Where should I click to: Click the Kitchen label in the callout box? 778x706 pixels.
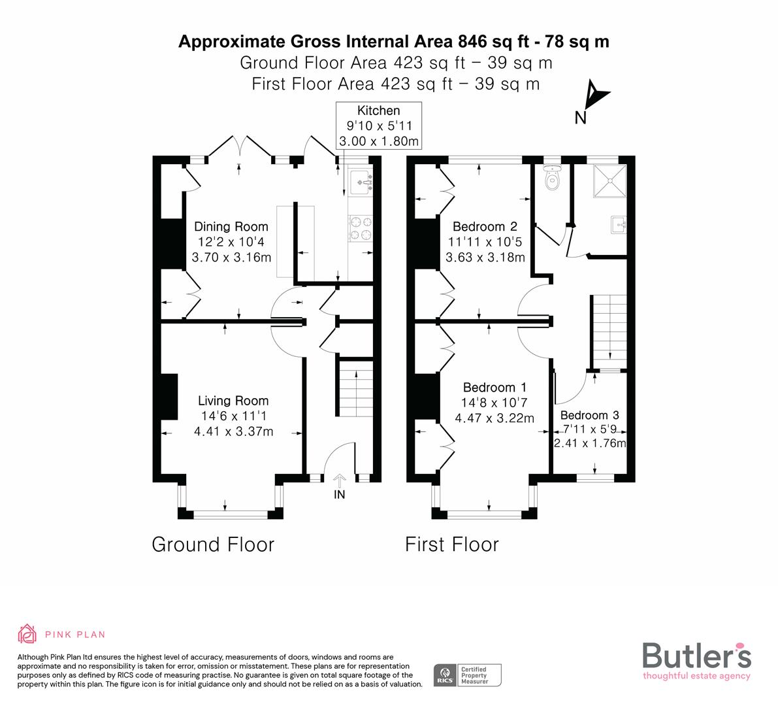[x=378, y=110]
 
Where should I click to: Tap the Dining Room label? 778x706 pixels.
[x=231, y=227]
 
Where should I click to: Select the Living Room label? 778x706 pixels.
[x=233, y=401]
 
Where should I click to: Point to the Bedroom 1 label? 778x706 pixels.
[x=494, y=387]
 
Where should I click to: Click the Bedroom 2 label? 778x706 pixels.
[x=485, y=227]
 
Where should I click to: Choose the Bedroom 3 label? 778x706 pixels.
[x=589, y=415]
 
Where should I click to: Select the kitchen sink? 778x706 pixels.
[x=360, y=183]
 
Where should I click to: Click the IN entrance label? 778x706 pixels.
[x=339, y=495]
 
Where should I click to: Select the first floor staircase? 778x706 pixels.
[x=609, y=330]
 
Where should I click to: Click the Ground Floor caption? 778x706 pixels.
[x=213, y=544]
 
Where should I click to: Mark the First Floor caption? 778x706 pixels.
[x=451, y=544]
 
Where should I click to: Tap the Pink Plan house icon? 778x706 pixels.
[x=27, y=633]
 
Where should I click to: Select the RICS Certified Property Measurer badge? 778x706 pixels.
[x=468, y=675]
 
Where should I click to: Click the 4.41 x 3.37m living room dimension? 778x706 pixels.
[x=233, y=431]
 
